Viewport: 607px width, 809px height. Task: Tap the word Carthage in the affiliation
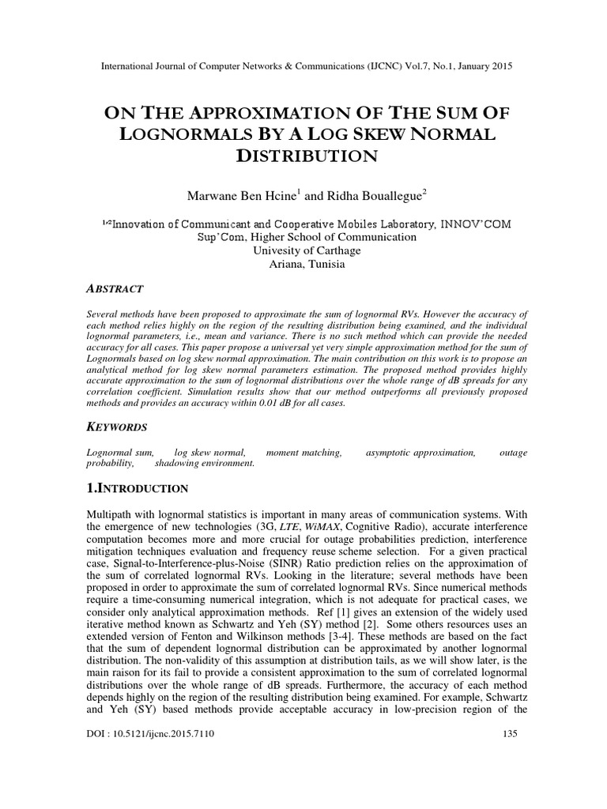pos(335,250)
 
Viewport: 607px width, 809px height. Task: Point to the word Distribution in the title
pos(303,156)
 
